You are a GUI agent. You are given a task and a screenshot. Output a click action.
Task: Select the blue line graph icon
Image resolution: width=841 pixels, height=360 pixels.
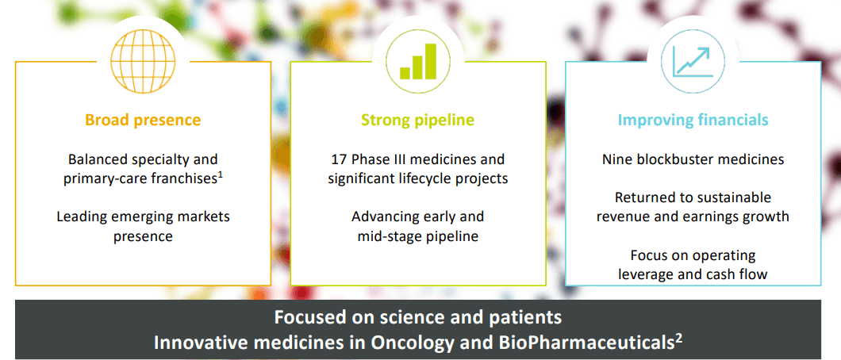point(693,61)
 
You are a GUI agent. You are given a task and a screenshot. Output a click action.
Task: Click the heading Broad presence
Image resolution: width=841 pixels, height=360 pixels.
point(143,120)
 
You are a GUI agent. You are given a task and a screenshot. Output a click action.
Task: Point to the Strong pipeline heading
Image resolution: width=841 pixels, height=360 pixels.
point(418,120)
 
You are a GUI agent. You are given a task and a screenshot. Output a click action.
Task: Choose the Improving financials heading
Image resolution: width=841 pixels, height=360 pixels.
point(693,120)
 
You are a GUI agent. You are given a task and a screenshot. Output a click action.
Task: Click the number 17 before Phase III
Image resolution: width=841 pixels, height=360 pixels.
point(340,159)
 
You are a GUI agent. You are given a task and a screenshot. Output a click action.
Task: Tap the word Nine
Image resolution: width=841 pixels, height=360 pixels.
point(616,159)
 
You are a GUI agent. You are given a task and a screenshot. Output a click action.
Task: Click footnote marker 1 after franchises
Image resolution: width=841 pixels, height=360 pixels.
point(220,174)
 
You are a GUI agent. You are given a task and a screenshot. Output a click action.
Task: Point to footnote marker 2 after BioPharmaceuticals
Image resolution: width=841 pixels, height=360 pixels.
point(678,338)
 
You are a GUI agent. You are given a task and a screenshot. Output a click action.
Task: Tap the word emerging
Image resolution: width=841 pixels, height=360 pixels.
point(152,217)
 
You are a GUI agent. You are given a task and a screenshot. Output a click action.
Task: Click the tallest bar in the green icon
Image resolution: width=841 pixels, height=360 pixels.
point(431,62)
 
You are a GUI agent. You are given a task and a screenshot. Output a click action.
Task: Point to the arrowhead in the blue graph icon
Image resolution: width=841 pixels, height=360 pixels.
point(704,52)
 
